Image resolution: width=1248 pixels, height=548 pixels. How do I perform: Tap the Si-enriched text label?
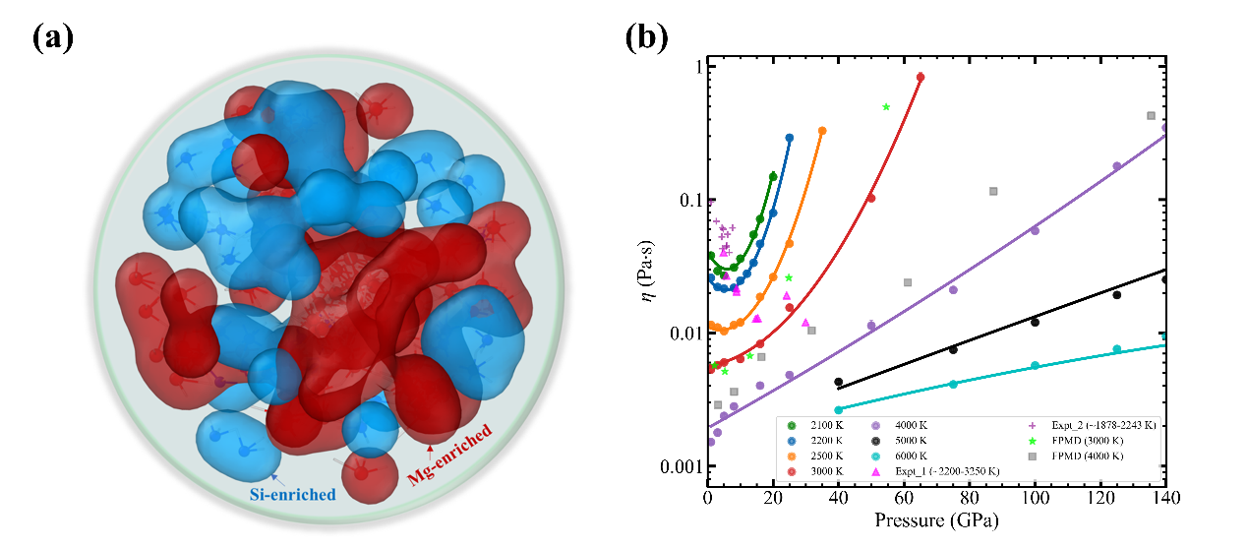click(291, 494)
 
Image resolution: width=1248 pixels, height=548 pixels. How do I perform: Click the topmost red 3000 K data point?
click(921, 77)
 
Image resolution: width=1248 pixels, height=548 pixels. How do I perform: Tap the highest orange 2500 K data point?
click(822, 131)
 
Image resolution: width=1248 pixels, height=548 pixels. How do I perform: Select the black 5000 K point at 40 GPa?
click(839, 382)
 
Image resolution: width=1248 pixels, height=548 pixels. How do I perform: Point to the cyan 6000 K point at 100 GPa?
click(1035, 365)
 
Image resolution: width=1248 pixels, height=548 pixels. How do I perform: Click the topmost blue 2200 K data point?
click(790, 138)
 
